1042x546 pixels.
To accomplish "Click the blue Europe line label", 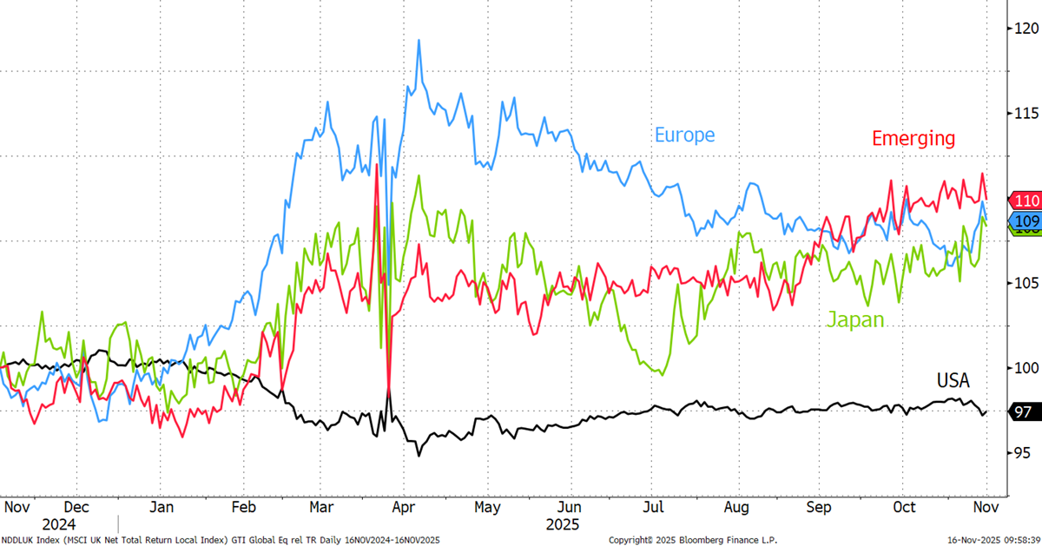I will coord(684,135).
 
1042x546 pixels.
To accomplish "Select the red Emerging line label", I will coord(913,138).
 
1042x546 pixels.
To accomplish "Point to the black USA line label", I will coord(953,379).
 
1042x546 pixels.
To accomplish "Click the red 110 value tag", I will coord(1026,200).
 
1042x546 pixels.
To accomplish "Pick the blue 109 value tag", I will coord(1026,220).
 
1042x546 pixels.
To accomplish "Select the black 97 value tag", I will coord(1022,412).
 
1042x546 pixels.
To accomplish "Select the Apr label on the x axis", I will coord(403,506).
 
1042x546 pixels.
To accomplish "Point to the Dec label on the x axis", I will coord(76,506).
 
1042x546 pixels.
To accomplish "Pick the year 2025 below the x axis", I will coord(562,524).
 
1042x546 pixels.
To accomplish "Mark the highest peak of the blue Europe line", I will coord(419,40).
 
